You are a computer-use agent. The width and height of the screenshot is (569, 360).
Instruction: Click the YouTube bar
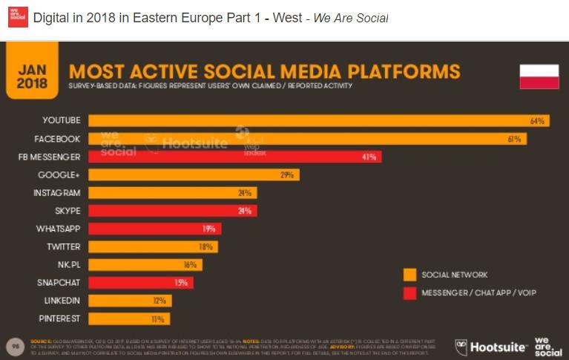point(319,120)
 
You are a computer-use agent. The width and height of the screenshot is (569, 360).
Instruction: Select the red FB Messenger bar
point(234,157)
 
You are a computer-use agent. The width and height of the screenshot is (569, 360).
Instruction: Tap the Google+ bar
point(194,175)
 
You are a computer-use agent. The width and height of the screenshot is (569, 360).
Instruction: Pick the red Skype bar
point(173,211)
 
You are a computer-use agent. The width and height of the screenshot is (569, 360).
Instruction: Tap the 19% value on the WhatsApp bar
point(208,229)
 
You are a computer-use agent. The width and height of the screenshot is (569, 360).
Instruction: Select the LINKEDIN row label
point(60,301)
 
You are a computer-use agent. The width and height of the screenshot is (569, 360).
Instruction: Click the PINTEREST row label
point(59,318)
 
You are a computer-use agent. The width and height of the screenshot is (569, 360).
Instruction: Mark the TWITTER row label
point(63,246)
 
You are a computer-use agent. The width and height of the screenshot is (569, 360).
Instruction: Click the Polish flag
point(539,76)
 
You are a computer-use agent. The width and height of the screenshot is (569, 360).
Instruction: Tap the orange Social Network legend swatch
point(409,275)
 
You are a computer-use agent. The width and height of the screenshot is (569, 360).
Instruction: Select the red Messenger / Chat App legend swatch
point(409,292)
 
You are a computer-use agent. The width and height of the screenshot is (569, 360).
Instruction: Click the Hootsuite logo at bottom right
point(490,347)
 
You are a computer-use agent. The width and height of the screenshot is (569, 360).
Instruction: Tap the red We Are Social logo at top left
point(18,16)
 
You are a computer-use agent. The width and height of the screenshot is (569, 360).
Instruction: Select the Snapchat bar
point(141,283)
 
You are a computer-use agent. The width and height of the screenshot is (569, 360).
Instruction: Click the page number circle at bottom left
point(16,346)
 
